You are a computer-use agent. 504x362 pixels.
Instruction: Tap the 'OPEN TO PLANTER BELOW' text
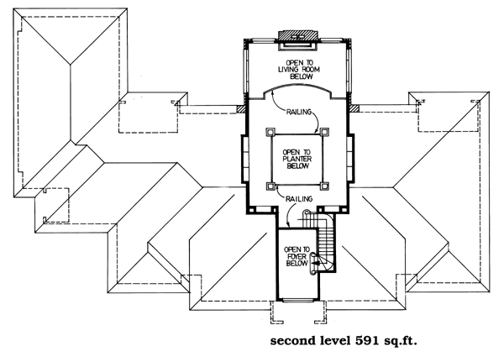[297, 159]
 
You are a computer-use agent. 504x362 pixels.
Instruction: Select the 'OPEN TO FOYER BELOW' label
[297, 255]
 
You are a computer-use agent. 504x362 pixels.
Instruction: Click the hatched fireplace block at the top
[297, 35]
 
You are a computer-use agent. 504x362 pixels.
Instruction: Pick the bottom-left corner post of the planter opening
[269, 186]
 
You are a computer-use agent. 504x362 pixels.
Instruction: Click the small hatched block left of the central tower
[239, 108]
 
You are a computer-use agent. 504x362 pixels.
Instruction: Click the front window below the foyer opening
[297, 299]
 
